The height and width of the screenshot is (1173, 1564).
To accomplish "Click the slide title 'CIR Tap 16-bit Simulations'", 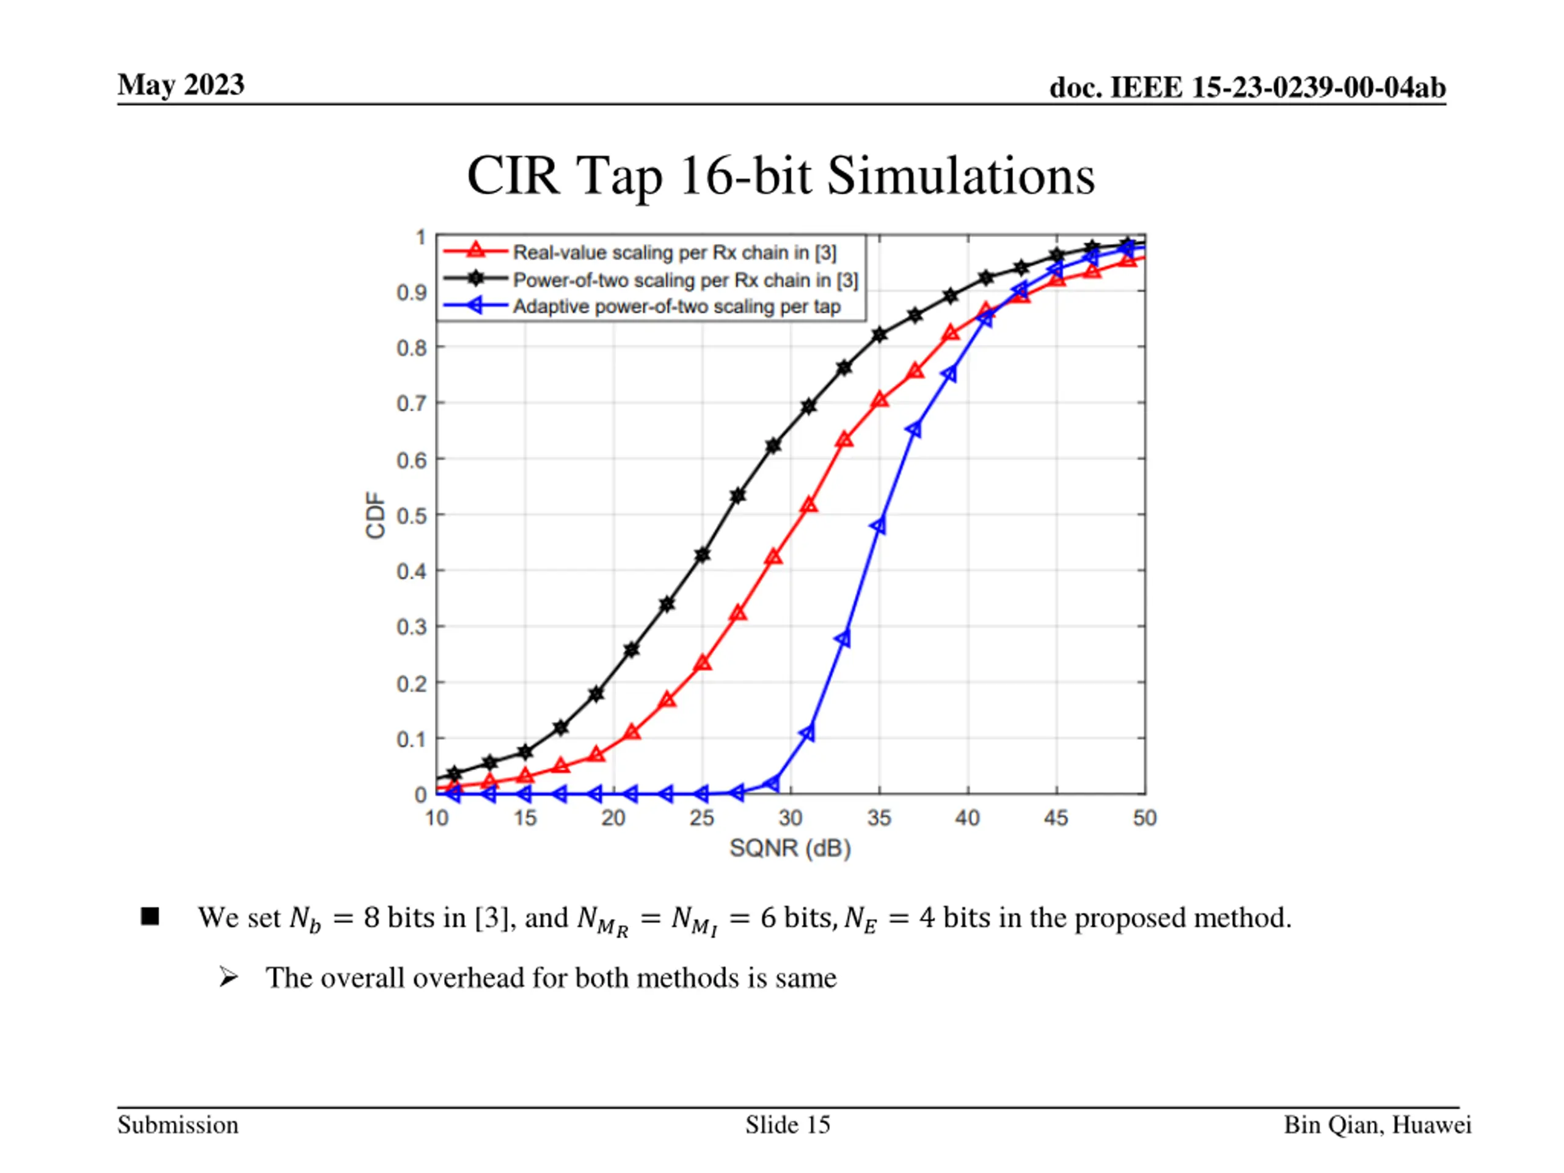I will (781, 175).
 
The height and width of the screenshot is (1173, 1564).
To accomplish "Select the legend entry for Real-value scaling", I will (674, 252).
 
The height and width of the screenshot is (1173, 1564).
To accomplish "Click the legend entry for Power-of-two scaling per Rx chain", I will (684, 280).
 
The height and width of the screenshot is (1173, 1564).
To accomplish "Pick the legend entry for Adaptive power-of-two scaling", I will (676, 307).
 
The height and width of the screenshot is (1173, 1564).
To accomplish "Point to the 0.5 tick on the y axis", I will (412, 516).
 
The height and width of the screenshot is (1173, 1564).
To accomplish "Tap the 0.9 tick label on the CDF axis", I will (412, 292).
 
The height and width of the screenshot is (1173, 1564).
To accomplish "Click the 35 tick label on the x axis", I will (879, 818).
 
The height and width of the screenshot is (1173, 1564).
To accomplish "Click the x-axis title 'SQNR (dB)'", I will (790, 848).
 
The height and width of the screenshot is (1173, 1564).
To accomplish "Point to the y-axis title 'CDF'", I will (376, 516).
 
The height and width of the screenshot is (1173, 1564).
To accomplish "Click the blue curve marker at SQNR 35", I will (879, 525).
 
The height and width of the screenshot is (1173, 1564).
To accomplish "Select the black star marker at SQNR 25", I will (702, 555).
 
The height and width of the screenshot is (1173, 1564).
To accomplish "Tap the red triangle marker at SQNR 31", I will (809, 505).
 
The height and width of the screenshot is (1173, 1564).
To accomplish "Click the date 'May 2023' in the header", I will (181, 85).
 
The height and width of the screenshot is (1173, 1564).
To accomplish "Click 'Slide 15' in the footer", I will (787, 1125).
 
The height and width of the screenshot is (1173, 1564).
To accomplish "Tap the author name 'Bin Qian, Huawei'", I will (1377, 1125).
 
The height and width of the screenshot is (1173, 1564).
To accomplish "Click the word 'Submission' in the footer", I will (178, 1125).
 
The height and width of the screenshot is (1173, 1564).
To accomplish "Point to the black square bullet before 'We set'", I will (150, 916).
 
